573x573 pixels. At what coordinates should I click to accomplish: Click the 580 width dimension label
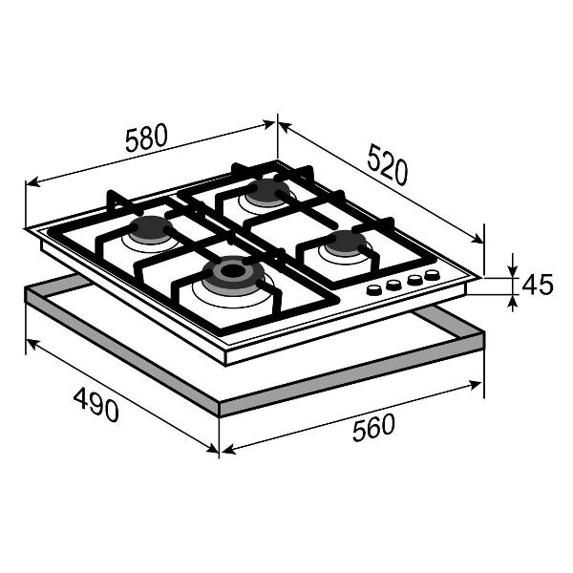click(x=146, y=138)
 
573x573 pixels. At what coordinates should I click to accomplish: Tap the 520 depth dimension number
click(x=388, y=164)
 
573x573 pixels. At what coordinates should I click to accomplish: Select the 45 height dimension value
click(x=537, y=285)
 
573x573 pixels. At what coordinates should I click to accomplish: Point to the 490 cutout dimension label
click(x=96, y=405)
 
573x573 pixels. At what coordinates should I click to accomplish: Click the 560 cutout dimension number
click(x=373, y=427)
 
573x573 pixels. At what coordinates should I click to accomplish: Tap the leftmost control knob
click(x=374, y=290)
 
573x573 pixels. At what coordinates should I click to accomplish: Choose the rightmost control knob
click(x=432, y=275)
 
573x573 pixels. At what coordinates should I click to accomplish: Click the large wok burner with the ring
click(x=233, y=273)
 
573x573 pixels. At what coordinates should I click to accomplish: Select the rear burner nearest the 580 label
click(x=266, y=192)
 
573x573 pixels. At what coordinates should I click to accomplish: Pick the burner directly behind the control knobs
click(x=346, y=243)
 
